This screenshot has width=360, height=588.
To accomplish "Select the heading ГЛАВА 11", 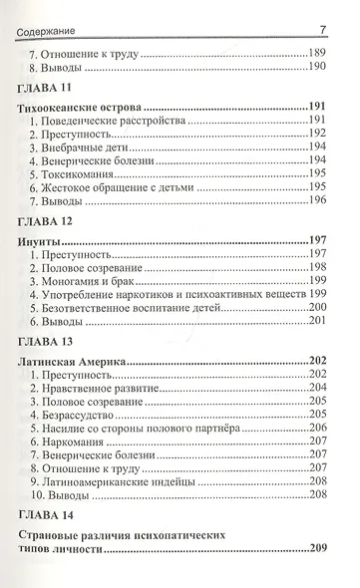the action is pos(47,91).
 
